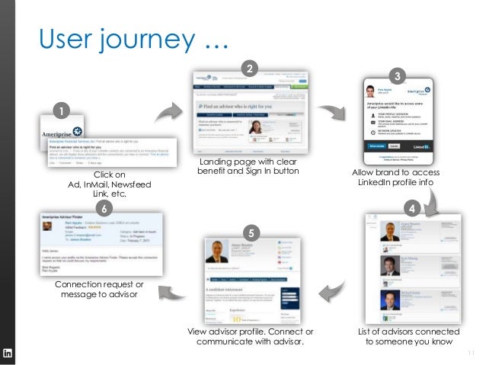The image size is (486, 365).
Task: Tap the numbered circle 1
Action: [56, 112]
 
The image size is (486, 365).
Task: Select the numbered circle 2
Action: [247, 69]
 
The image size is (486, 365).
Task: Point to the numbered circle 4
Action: [412, 207]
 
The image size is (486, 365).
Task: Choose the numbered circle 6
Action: [104, 207]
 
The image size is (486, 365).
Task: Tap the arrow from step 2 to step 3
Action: [333, 114]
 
